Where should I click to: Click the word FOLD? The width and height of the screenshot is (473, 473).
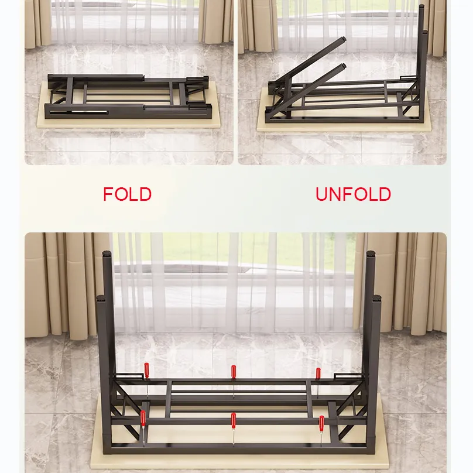(127, 194)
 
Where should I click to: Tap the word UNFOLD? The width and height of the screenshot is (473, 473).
(353, 194)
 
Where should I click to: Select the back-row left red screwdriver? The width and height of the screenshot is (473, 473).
(147, 370)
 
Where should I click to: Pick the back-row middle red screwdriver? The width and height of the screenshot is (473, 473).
(234, 372)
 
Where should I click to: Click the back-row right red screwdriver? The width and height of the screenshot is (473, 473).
(318, 373)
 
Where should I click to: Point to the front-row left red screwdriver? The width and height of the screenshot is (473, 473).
(143, 418)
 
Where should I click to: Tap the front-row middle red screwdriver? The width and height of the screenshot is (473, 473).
(233, 419)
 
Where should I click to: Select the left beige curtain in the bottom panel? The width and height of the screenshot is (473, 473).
(64, 281)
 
